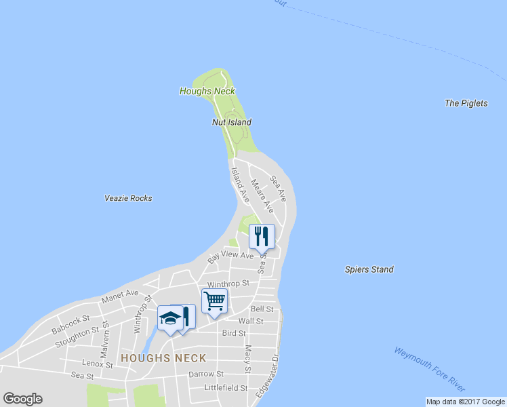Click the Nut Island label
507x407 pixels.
click(x=230, y=123)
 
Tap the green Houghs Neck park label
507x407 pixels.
click(x=207, y=91)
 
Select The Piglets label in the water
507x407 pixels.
click(x=466, y=104)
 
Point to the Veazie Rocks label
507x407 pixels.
click(x=128, y=199)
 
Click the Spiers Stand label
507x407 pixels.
click(x=369, y=270)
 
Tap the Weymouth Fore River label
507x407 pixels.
click(x=429, y=368)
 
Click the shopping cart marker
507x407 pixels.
click(x=214, y=300)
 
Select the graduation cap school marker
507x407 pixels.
click(x=169, y=317)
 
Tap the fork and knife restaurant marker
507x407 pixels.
click(x=262, y=236)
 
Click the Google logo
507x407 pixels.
click(x=22, y=399)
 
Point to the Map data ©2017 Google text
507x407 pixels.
click(x=466, y=402)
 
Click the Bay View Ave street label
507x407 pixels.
click(x=230, y=256)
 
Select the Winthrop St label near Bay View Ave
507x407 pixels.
click(x=228, y=284)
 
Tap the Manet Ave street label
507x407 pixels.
click(x=119, y=296)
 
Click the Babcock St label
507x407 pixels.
click(x=70, y=324)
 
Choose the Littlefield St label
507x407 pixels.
click(x=226, y=388)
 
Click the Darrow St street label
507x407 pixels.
click(x=206, y=374)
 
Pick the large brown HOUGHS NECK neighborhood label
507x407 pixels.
click(x=163, y=357)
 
